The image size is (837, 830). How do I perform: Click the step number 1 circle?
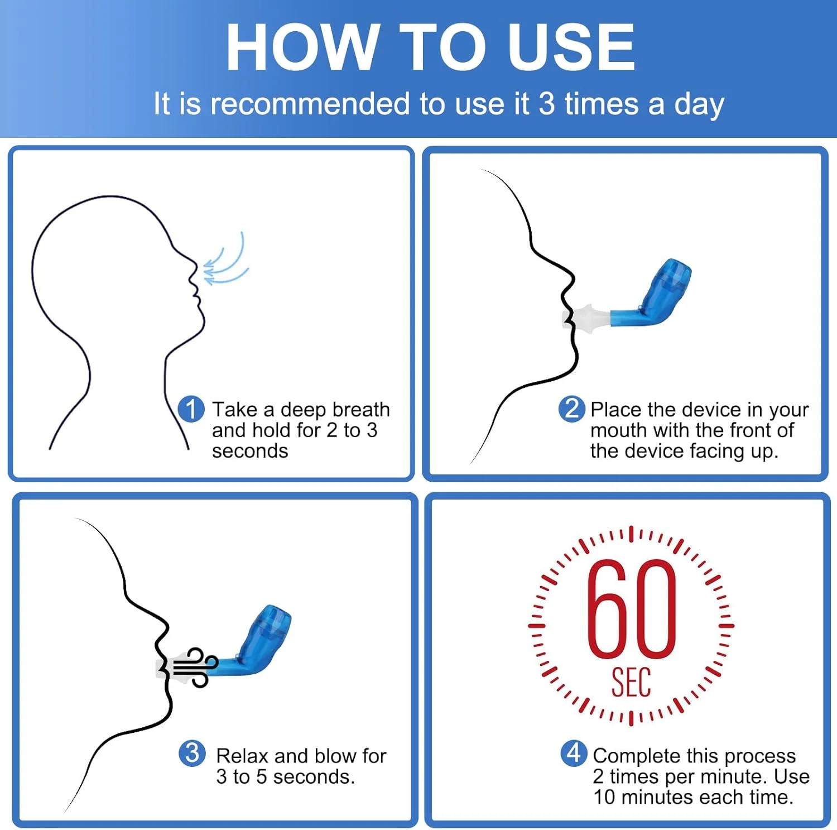[x=191, y=409]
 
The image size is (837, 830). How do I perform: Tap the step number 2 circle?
[x=571, y=409]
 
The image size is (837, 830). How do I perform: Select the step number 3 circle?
[x=192, y=754]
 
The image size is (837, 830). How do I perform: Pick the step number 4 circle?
[x=574, y=754]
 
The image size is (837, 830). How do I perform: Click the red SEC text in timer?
[x=631, y=682]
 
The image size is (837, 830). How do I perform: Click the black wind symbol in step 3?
[x=194, y=666]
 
